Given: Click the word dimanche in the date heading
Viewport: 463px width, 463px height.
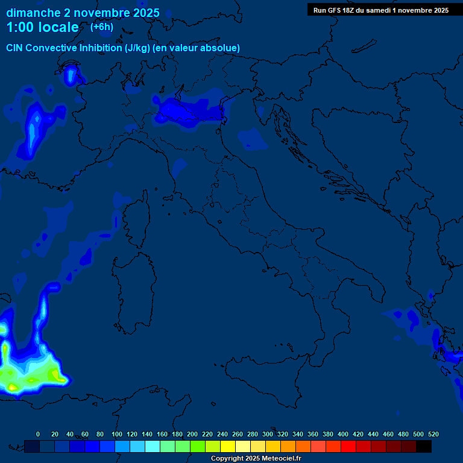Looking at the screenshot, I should (x=33, y=13).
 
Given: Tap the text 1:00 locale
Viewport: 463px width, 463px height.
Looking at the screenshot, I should (x=43, y=27).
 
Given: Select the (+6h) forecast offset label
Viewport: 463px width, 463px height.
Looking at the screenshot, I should (x=101, y=27).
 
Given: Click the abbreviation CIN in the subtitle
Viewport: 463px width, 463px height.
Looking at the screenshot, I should (x=15, y=48).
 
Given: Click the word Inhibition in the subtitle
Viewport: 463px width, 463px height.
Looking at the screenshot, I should (x=99, y=48).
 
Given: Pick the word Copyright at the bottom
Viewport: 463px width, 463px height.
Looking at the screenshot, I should (x=228, y=459).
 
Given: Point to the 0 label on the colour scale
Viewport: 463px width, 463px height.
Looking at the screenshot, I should (x=38, y=434).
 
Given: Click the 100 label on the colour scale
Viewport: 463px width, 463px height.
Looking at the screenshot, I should (x=117, y=434).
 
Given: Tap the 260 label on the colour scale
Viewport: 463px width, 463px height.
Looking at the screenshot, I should (x=238, y=434).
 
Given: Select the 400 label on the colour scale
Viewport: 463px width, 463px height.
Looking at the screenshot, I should (x=343, y=434).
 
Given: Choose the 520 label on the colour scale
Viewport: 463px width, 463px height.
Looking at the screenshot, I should (x=433, y=434).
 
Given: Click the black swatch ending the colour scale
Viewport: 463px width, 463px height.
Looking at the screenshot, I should (x=424, y=446).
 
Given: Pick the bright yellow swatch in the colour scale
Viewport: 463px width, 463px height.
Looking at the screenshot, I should (x=228, y=446).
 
